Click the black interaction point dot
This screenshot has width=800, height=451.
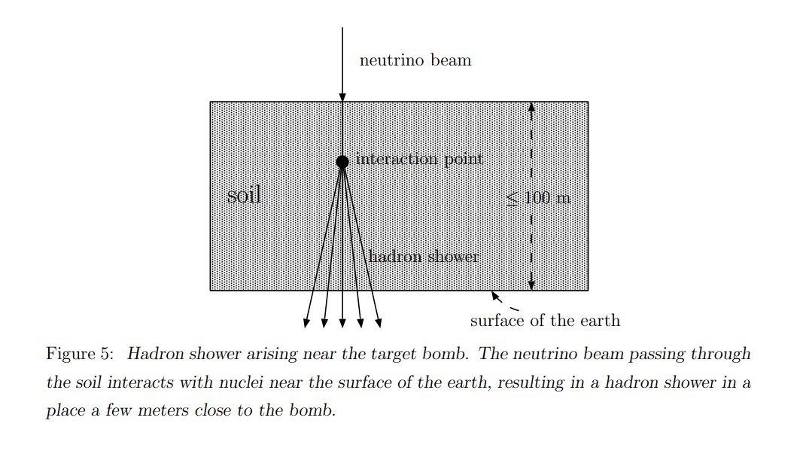point(342,161)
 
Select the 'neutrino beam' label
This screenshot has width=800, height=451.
point(415,60)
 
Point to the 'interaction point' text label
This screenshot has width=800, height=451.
point(419,159)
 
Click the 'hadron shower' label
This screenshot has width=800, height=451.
point(423,257)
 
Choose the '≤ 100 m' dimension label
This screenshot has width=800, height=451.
point(538,199)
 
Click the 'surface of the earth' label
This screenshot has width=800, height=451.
point(545,321)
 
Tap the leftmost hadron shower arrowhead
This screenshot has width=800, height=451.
point(306,323)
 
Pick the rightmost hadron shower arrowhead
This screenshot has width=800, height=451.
point(379,323)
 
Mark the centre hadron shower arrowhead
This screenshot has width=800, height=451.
point(342,323)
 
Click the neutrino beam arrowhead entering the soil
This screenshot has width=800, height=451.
point(342,97)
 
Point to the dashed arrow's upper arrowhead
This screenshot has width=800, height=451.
point(531,107)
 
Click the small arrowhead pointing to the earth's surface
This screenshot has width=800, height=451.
point(497,297)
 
